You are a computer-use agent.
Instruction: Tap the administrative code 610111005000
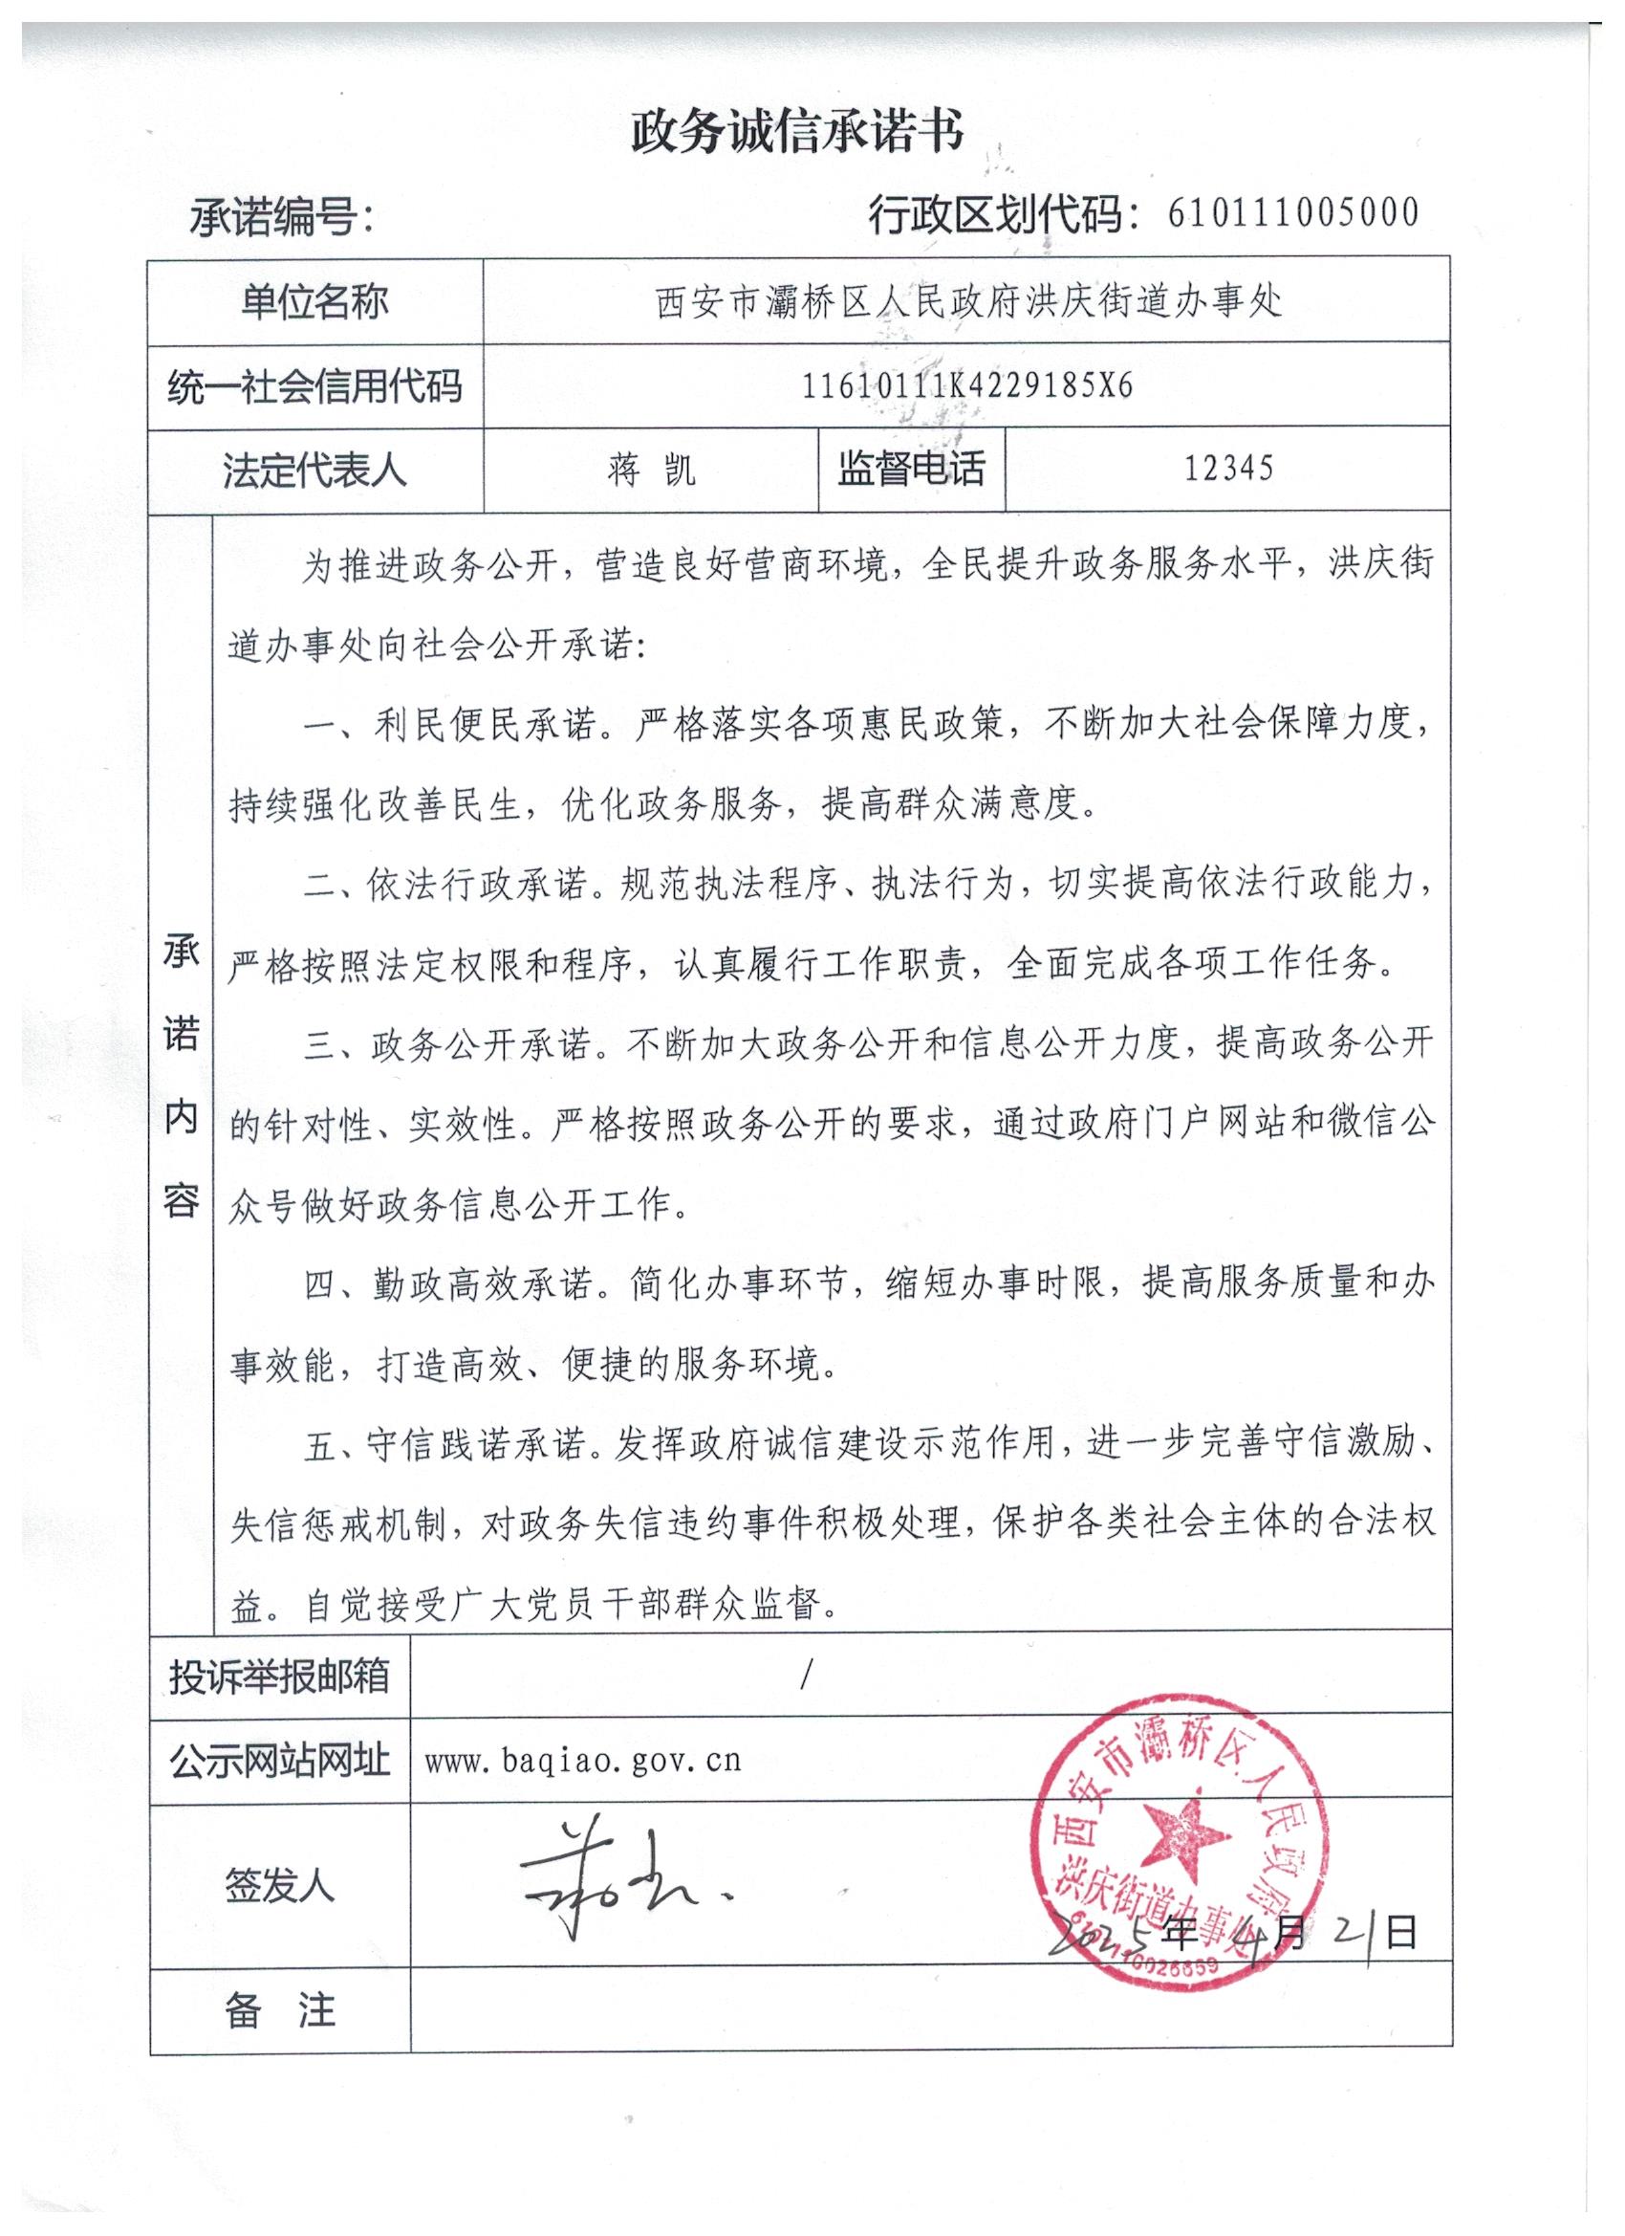1292,213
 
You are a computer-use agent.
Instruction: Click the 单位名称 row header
314,301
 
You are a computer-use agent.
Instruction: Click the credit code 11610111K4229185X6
966,385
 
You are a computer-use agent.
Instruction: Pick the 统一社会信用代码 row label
314,385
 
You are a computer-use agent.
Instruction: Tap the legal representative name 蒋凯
651,471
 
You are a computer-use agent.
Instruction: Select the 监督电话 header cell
911,470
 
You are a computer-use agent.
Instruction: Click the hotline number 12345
1228,469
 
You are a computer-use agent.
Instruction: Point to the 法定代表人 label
314,471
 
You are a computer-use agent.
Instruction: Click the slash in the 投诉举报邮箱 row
806,1675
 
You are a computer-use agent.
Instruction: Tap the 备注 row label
280,2011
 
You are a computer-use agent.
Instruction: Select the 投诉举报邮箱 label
280,1675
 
